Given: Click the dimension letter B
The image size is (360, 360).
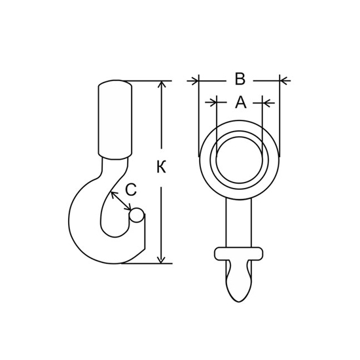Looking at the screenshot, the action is point(240,79).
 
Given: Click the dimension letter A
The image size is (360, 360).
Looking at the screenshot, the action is point(241,102).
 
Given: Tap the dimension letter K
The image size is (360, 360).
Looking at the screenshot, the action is point(162,167).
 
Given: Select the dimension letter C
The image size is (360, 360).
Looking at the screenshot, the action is point(131,190).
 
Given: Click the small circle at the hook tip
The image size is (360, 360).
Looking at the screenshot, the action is point(137,215).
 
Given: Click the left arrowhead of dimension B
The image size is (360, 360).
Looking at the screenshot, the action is point(194,81).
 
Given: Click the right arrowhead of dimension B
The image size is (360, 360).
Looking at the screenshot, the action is point(284,81).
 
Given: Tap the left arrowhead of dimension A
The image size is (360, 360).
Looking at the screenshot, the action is point(212,103).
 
